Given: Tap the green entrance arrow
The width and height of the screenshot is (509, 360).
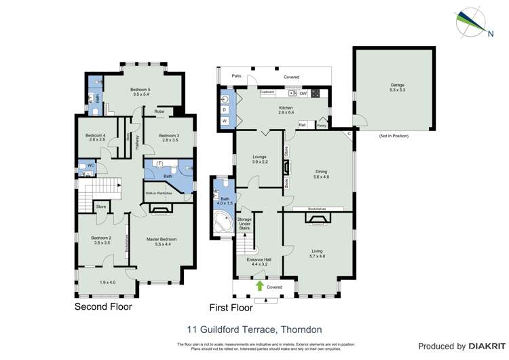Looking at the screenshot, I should [x=259, y=286].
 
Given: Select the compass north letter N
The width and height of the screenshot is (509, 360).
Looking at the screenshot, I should [x=490, y=32].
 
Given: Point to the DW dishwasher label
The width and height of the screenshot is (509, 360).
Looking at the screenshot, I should [x=303, y=93].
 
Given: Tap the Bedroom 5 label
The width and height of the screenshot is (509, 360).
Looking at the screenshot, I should [x=140, y=91].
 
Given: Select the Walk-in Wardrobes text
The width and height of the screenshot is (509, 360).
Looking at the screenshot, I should [x=159, y=193].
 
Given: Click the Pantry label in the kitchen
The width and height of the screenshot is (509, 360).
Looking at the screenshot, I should [x=322, y=125].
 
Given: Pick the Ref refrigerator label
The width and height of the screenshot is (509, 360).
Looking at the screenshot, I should [x=303, y=125].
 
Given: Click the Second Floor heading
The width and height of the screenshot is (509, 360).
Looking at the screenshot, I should [x=103, y=306].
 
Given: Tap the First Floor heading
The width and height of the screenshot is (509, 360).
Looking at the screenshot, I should [x=231, y=307].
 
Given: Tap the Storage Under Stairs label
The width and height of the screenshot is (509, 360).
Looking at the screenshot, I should [x=245, y=224].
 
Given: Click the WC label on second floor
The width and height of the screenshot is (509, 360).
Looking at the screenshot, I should [x=90, y=166].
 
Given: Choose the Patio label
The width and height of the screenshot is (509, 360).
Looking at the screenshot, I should [x=236, y=77].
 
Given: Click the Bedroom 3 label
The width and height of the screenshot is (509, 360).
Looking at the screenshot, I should [x=169, y=137].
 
